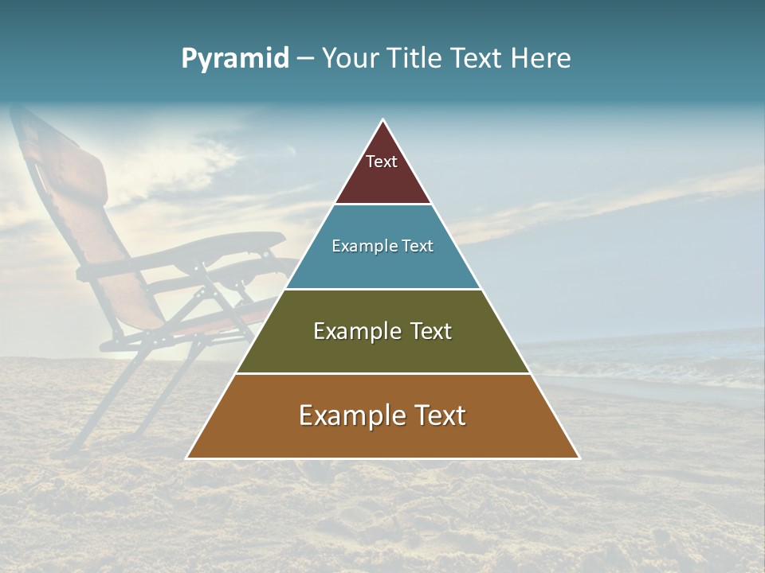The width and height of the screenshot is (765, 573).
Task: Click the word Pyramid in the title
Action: pyautogui.click(x=235, y=59)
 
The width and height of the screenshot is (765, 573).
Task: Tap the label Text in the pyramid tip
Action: pyautogui.click(x=382, y=162)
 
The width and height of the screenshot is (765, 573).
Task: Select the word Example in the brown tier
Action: pyautogui.click(x=351, y=415)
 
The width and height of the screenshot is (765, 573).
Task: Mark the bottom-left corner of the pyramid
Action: pyautogui.click(x=187, y=458)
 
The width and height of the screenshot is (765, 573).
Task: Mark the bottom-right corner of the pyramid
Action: pyautogui.click(x=579, y=458)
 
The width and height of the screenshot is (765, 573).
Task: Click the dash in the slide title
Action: pyautogui.click(x=305, y=59)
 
